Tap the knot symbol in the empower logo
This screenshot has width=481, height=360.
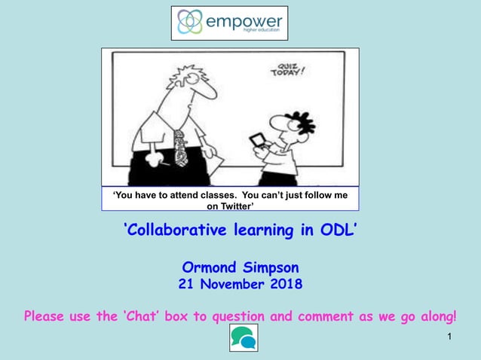pos(190,23)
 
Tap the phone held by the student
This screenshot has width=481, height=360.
pos(256,140)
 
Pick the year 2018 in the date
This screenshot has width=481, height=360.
pos(286,285)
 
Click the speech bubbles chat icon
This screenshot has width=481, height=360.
pos(243,338)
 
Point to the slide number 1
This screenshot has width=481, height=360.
pos(449,335)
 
